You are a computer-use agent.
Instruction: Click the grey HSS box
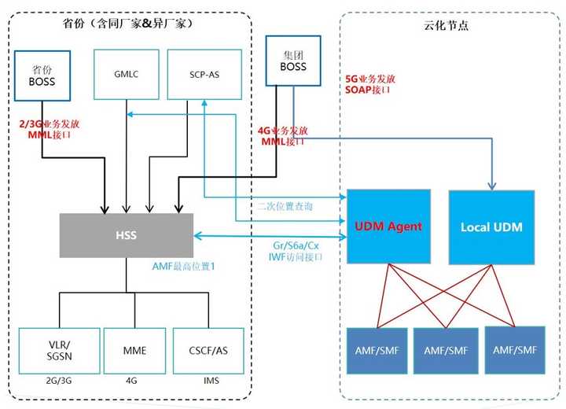(126, 235)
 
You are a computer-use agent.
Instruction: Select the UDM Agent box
(389, 227)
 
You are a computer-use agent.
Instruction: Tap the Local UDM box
(491, 227)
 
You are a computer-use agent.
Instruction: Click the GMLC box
(126, 75)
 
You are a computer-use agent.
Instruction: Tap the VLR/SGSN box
(58, 349)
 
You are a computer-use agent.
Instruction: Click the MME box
(135, 349)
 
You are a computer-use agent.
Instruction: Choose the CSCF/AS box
(208, 349)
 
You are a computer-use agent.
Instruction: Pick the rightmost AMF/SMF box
(515, 348)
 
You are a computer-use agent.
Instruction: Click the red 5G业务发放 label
(370, 79)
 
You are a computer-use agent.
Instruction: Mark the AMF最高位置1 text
(185, 267)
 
